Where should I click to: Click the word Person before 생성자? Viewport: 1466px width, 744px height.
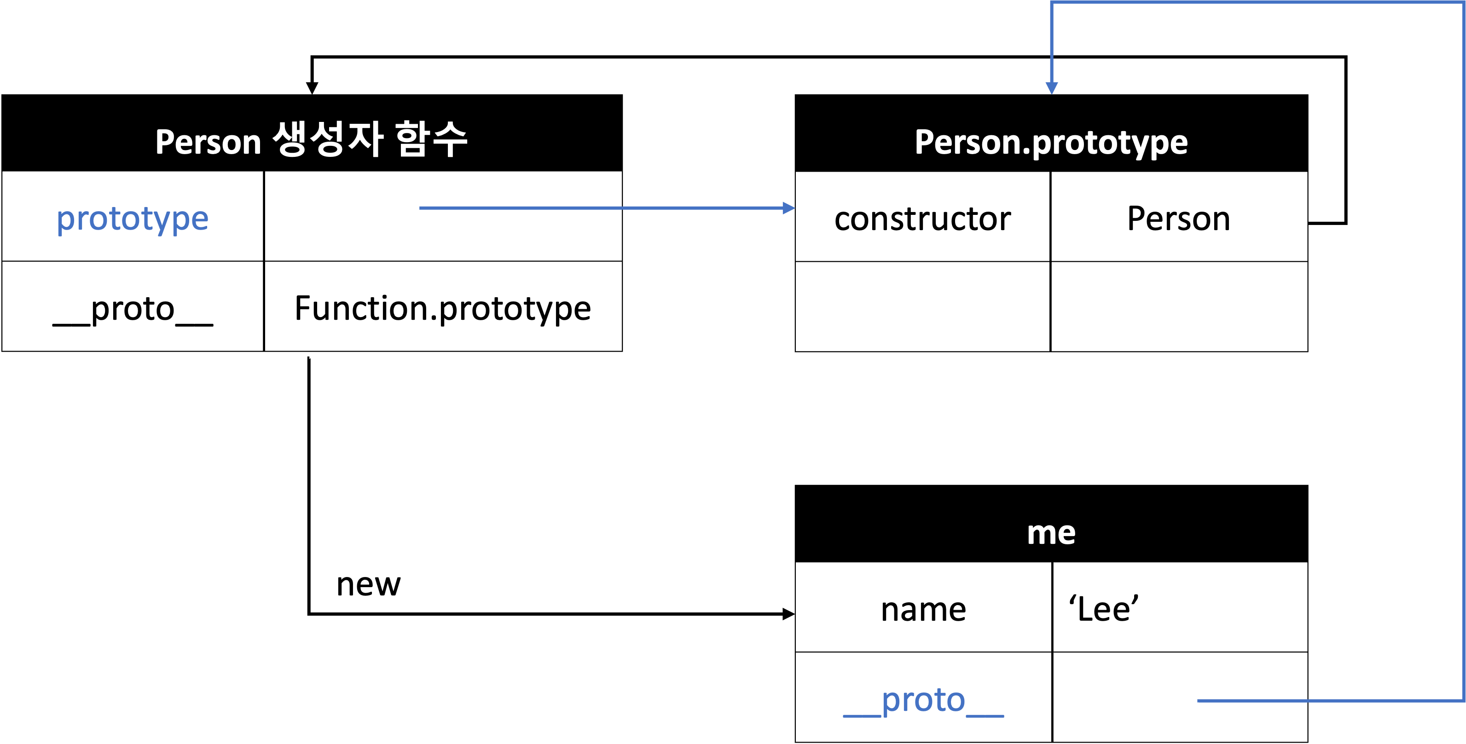(x=208, y=142)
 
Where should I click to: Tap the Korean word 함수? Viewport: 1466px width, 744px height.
(x=431, y=139)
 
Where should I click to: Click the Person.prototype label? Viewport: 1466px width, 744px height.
(x=1050, y=142)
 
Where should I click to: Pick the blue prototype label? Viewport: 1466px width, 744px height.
(x=133, y=219)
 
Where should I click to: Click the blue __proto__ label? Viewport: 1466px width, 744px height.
(x=923, y=701)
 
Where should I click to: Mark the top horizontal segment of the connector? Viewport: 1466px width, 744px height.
(x=1252, y=2)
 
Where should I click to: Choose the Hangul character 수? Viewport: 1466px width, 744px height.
(x=450, y=139)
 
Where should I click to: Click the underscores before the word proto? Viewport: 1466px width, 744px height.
(x=862, y=715)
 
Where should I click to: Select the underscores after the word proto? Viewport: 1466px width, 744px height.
(x=985, y=715)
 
